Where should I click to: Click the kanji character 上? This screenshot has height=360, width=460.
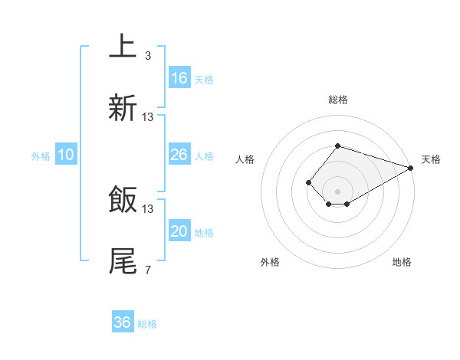(x=123, y=46)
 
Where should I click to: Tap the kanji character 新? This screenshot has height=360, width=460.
(x=123, y=108)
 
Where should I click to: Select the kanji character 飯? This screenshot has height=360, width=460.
(x=123, y=200)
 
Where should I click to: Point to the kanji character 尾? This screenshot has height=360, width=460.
(x=123, y=261)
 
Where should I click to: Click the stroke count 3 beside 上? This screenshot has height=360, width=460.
(x=148, y=55)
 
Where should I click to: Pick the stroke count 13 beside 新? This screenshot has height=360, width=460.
(x=148, y=117)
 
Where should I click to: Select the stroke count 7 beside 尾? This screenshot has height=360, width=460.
(x=148, y=270)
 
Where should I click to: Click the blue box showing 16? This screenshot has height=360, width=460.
(x=179, y=78)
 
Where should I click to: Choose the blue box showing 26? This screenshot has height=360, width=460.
(x=179, y=155)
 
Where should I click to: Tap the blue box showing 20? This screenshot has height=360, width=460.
(x=179, y=231)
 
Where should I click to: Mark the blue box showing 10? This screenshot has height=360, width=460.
(x=66, y=155)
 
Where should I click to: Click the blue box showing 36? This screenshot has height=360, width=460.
(x=123, y=322)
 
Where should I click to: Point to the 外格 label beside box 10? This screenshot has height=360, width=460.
(x=41, y=156)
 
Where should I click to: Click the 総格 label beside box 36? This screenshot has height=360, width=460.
(x=147, y=324)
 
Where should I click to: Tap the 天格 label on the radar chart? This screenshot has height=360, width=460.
(x=431, y=159)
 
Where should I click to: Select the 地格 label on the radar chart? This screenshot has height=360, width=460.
(x=402, y=262)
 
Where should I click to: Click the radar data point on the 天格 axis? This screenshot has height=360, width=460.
(x=411, y=168)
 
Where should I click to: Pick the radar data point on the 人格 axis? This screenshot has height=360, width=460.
(x=308, y=182)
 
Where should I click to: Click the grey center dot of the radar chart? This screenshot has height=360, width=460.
(x=337, y=191)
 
